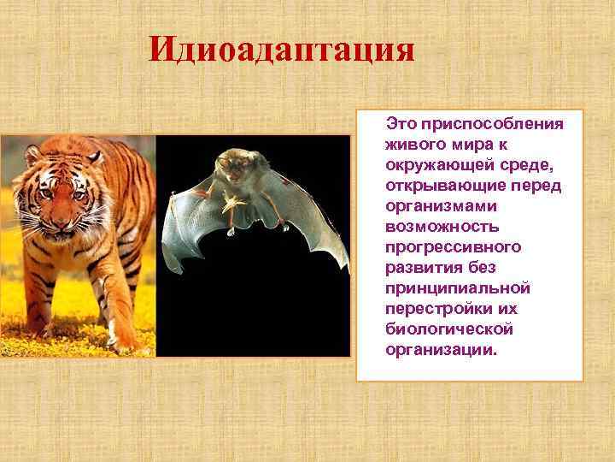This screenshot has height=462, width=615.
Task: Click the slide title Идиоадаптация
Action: point(282,49)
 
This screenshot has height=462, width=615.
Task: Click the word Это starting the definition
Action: point(401,124)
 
